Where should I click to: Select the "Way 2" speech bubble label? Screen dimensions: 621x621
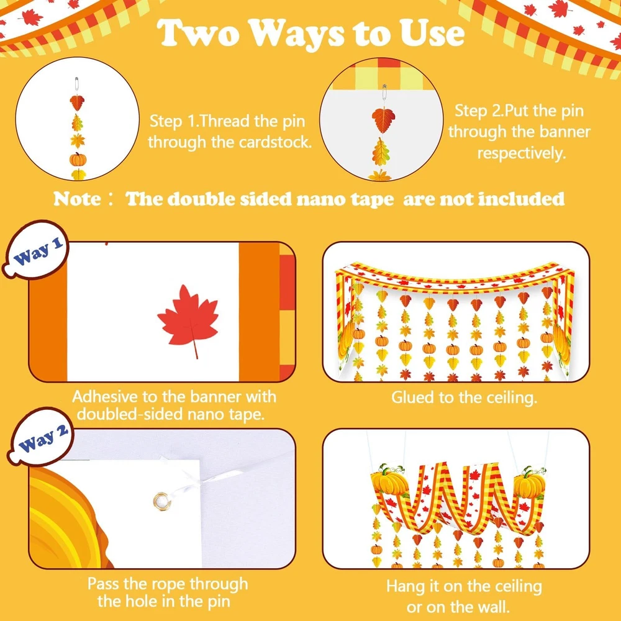pos(41,437)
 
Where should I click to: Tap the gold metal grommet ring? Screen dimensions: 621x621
pos(161,502)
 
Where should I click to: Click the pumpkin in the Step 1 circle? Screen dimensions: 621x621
pos(78,159)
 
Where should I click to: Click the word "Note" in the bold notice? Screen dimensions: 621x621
pos(76,199)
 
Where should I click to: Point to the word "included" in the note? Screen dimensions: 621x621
pos(521,199)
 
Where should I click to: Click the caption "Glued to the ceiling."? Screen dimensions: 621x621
pos(464,397)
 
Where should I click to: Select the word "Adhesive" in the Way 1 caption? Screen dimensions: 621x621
pos(105,396)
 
